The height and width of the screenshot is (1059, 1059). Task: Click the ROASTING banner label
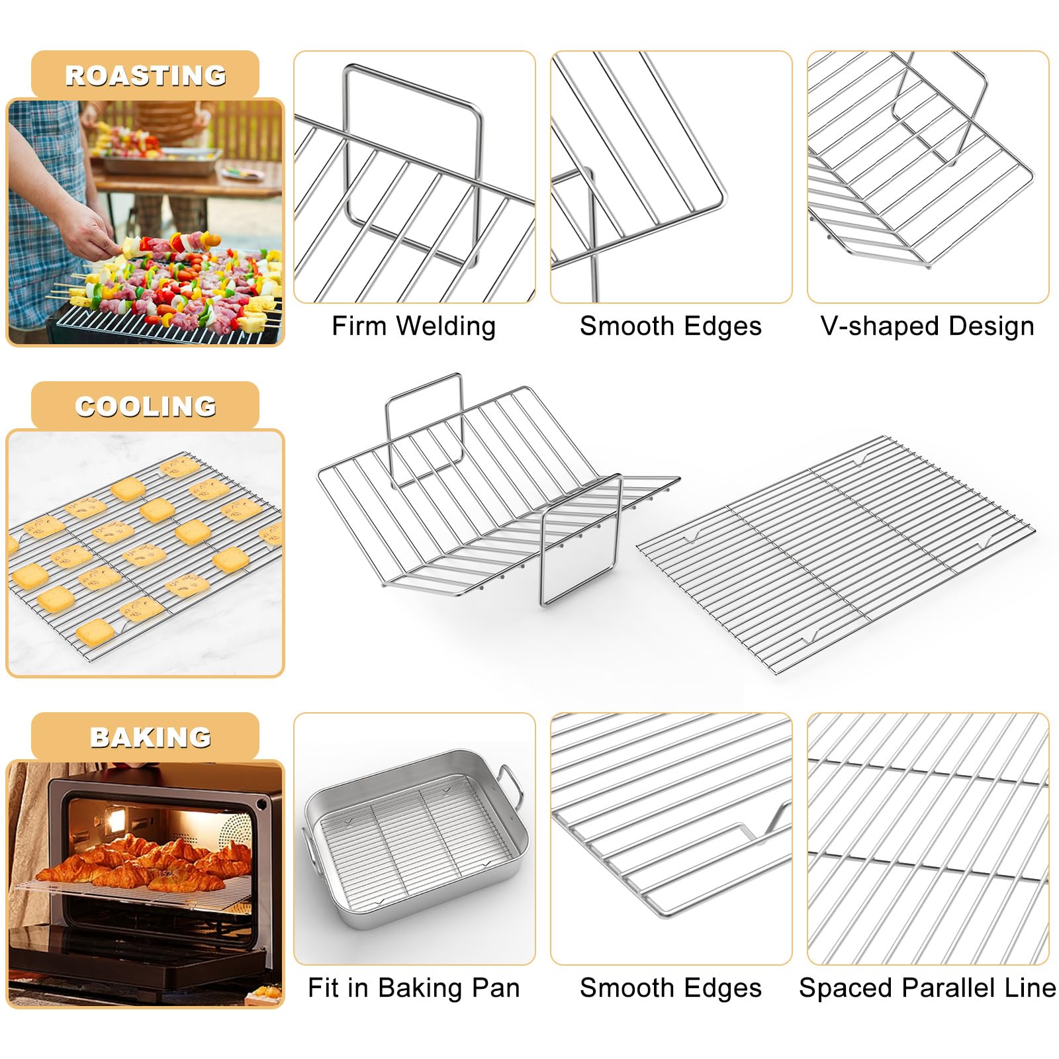coord(145,75)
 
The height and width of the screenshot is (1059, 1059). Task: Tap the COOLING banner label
coord(145,406)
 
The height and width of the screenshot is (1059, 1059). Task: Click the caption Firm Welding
coord(414,326)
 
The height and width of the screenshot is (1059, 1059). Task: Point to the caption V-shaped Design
coord(927,326)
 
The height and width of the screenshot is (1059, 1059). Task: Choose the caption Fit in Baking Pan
coord(414,988)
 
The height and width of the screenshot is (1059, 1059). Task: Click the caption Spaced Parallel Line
coord(927,988)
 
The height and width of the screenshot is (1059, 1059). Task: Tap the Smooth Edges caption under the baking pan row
coord(670,988)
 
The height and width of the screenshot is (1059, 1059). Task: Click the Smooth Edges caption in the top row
coord(670,326)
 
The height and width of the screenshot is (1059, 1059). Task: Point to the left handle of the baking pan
coord(310,854)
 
